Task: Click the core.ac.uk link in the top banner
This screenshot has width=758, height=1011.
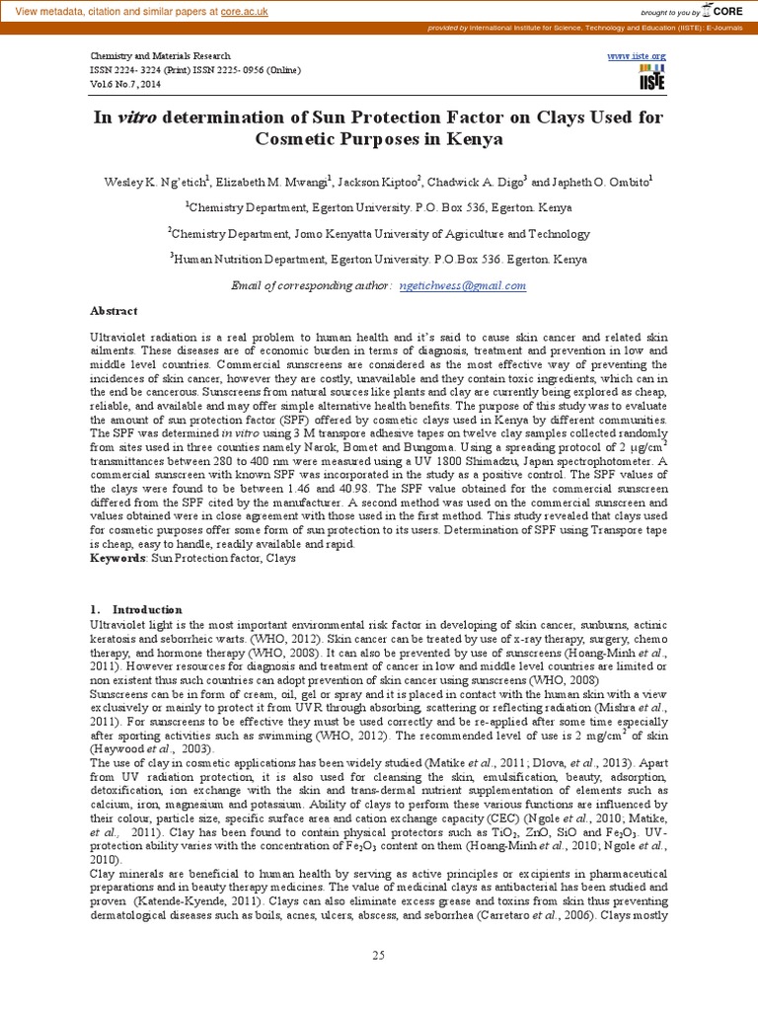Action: pos(230,11)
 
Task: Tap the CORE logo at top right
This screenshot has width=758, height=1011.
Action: pos(722,12)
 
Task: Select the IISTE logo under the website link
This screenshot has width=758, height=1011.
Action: pos(651,81)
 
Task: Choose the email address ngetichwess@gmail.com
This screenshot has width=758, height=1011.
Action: pos(463,285)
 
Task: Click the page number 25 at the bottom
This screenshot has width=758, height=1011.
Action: pos(378,954)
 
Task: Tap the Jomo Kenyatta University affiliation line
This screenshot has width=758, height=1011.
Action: pos(379,234)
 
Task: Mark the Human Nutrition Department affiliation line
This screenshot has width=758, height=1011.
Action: pos(379,260)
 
